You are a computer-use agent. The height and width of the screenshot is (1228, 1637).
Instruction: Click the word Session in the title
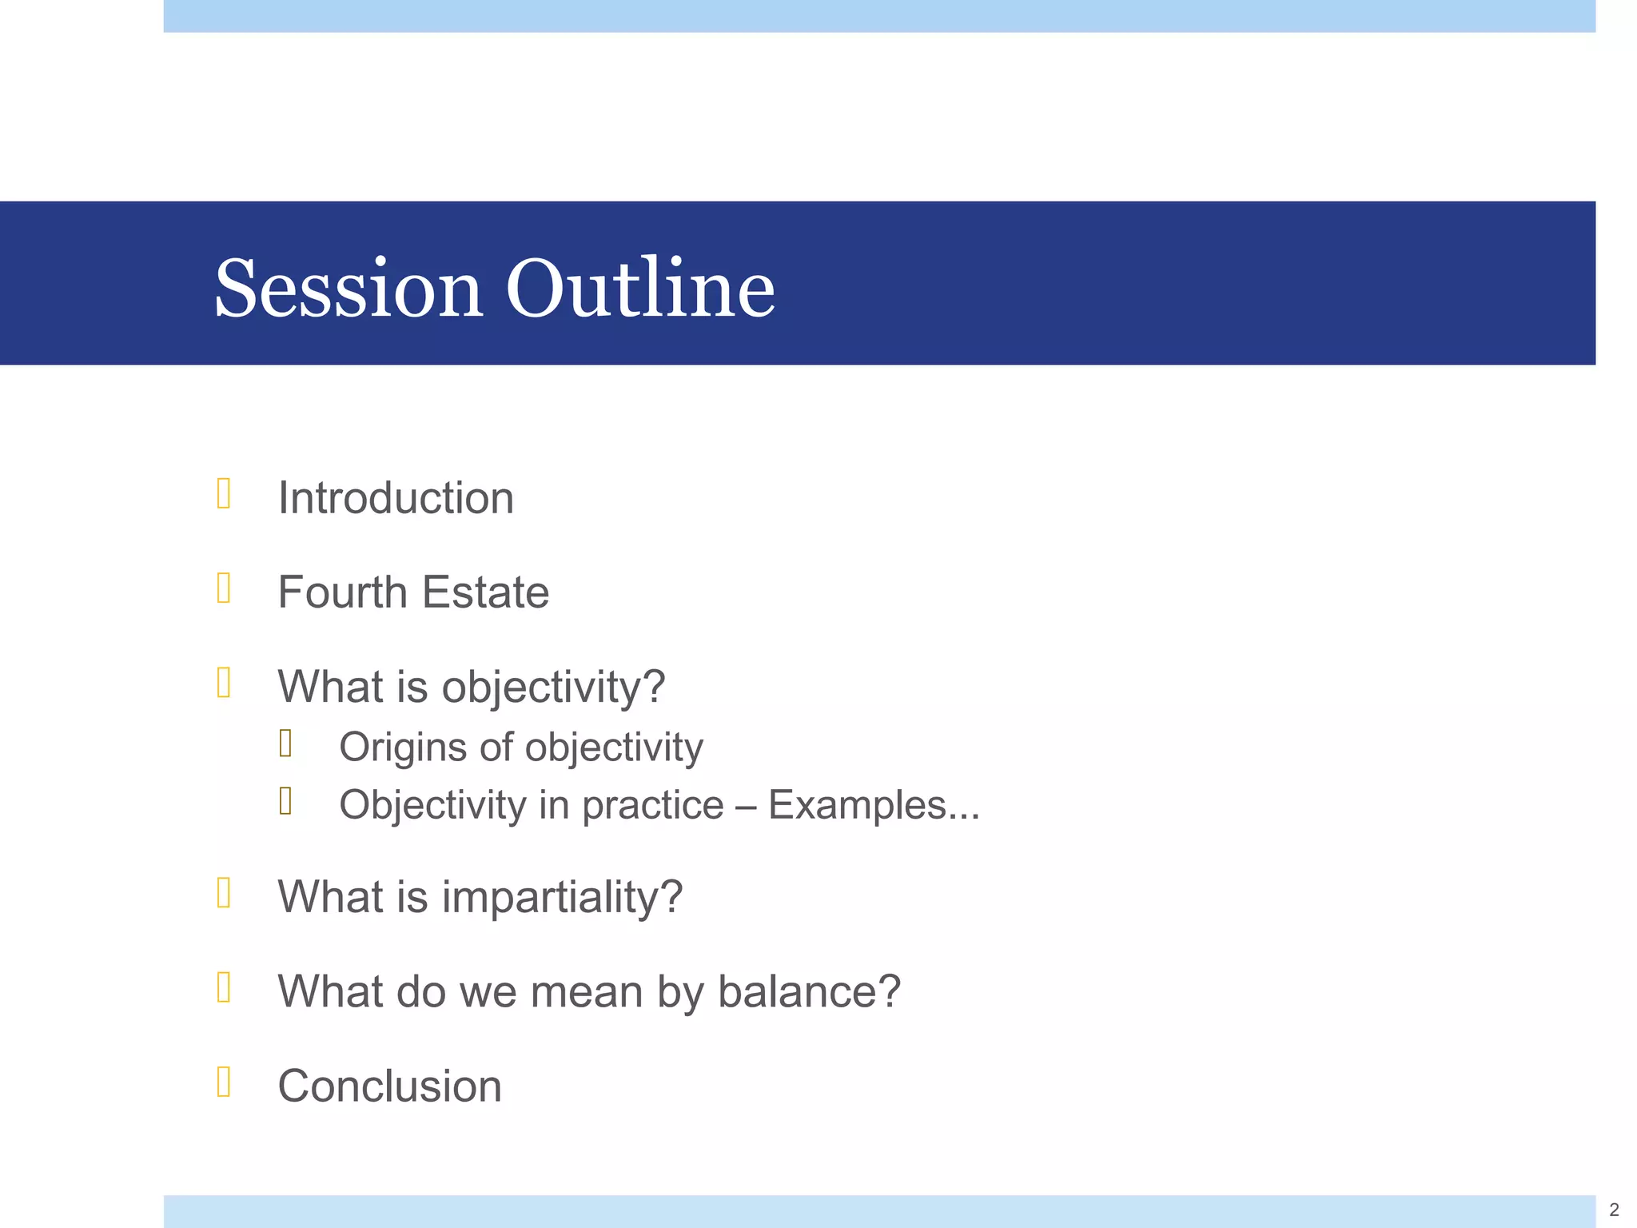[x=349, y=289]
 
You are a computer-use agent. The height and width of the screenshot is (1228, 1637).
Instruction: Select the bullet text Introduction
[x=396, y=499]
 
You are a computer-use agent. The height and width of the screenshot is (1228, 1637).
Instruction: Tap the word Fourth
[x=342, y=592]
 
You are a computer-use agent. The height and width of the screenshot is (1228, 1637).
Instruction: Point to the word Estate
[x=485, y=592]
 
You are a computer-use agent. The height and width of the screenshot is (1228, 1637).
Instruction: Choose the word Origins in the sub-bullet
[x=402, y=748]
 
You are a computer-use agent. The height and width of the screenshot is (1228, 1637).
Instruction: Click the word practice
[x=652, y=806]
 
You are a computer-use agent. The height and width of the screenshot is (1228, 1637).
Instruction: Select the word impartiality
[x=562, y=897]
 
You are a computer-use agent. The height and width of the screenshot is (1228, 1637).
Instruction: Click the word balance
[x=809, y=992]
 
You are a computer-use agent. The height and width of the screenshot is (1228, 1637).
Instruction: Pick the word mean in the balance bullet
[x=586, y=992]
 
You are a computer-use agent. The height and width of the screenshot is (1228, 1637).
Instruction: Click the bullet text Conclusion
[x=389, y=1086]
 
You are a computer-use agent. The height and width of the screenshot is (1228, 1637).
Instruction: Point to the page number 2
[x=1614, y=1210]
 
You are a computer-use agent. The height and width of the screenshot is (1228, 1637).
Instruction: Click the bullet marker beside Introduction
[x=224, y=493]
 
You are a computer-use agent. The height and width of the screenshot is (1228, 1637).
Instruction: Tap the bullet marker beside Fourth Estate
[x=224, y=588]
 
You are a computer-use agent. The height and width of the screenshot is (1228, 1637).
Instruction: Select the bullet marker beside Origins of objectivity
[x=285, y=744]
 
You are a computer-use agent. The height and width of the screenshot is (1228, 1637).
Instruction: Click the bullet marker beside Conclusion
[x=224, y=1082]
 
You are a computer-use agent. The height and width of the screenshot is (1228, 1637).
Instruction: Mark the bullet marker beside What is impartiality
[x=224, y=892]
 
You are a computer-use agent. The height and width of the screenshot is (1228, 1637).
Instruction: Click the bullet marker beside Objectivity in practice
[x=285, y=801]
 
